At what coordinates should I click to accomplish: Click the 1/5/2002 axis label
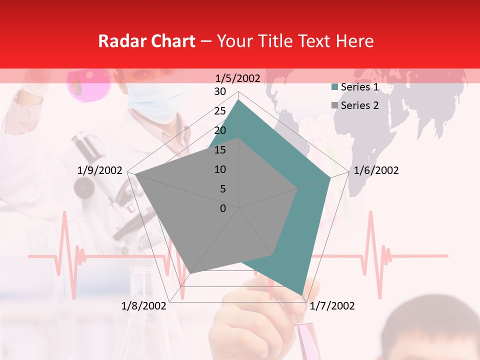pos(238,78)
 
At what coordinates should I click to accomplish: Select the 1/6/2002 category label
pos(376,170)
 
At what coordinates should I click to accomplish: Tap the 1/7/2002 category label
pos(332,306)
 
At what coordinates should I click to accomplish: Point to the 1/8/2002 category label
pos(144,306)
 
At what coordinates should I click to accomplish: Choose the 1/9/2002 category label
pos(100,170)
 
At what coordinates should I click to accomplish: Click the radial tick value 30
pos(220,91)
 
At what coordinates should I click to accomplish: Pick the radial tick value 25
pos(220,111)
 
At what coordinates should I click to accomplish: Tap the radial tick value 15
pos(220,150)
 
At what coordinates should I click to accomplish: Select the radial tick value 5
pos(222,189)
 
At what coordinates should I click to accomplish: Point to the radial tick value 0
pos(223,208)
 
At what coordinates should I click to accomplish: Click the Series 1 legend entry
pos(359,87)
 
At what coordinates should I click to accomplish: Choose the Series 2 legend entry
pos(359,105)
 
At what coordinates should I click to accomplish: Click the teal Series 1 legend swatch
pos(334,87)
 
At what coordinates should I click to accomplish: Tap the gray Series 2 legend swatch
pos(334,105)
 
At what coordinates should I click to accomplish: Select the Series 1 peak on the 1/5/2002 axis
pos(238,100)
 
